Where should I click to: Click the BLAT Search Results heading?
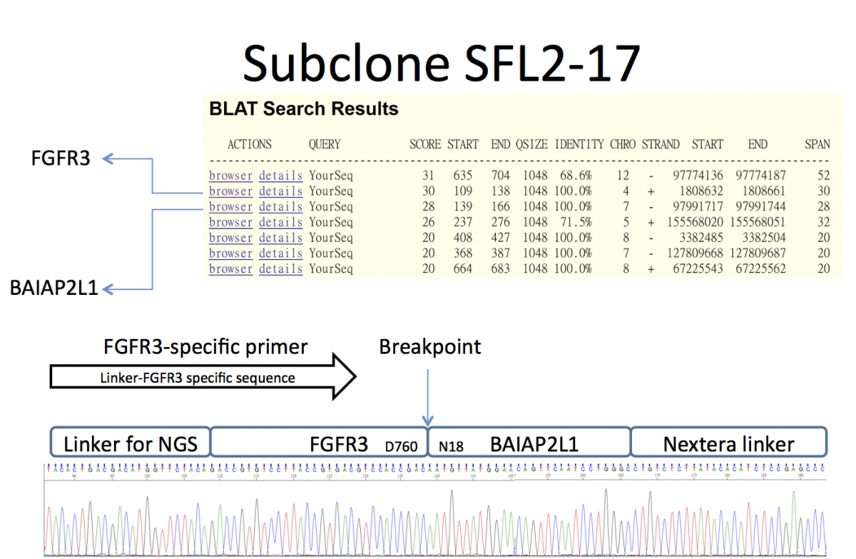[303, 109]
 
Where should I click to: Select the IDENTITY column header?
[579, 144]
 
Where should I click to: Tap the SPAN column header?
[817, 144]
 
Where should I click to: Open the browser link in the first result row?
[230, 176]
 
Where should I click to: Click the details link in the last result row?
[280, 269]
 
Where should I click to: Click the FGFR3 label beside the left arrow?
[60, 158]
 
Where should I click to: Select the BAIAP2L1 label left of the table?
[53, 289]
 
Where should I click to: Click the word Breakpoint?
[429, 348]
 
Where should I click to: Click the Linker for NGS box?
[129, 444]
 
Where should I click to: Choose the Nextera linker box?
[728, 444]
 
